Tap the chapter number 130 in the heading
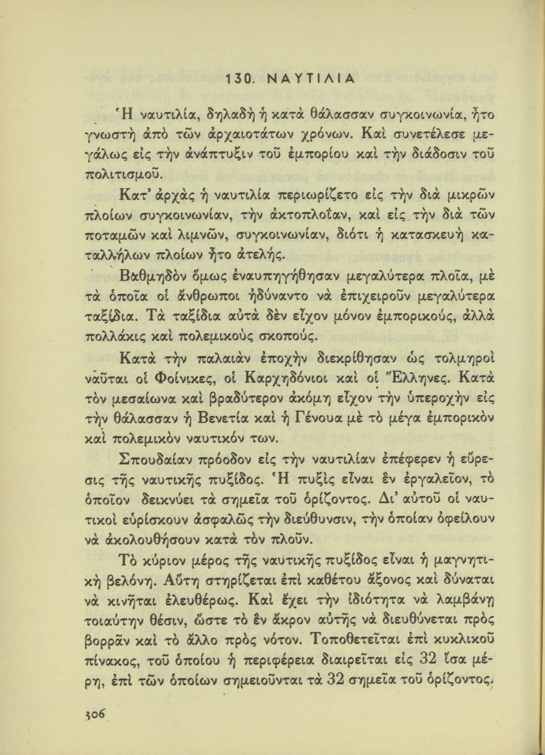coord(239,80)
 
